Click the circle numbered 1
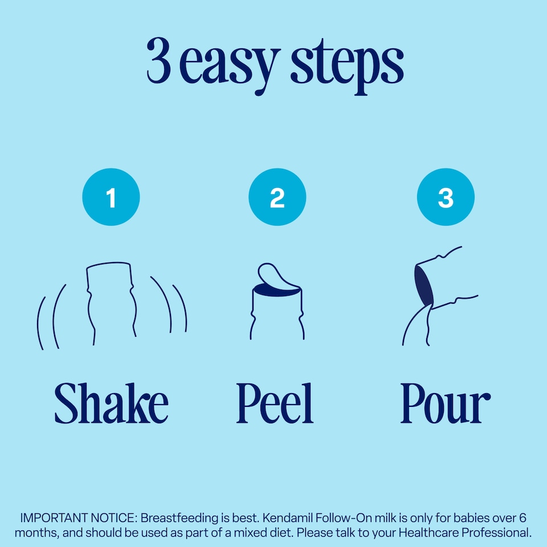click(x=111, y=197)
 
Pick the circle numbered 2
click(x=277, y=197)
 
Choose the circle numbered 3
click(x=446, y=197)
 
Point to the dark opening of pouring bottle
click(x=423, y=284)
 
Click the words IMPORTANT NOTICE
click(x=78, y=518)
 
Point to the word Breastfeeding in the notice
click(x=179, y=519)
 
